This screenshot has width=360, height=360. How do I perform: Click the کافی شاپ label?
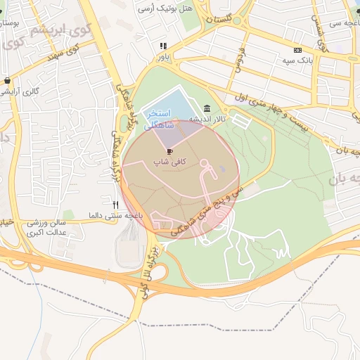(169, 162)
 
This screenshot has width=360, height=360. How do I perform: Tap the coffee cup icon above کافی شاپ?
(169, 151)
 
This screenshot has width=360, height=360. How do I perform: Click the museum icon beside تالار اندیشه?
(206, 108)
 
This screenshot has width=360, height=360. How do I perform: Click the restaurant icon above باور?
(163, 46)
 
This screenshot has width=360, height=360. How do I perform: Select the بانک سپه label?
(297, 60)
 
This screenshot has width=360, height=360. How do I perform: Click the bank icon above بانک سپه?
(297, 50)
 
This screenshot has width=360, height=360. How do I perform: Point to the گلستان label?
(219, 21)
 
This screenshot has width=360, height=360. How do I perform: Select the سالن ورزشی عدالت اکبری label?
(45, 226)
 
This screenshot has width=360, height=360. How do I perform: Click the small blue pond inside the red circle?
(222, 169)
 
